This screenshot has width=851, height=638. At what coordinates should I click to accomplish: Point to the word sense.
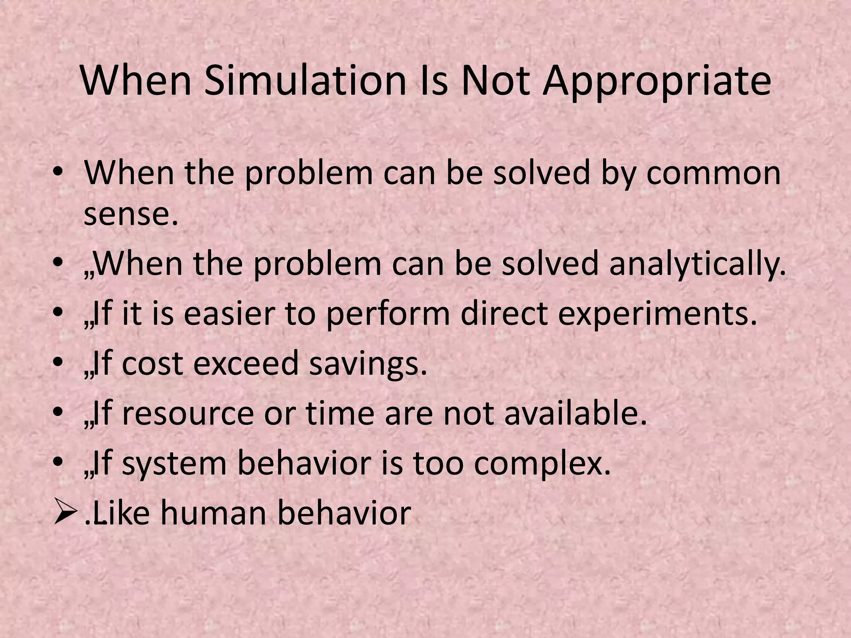click(x=131, y=215)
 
